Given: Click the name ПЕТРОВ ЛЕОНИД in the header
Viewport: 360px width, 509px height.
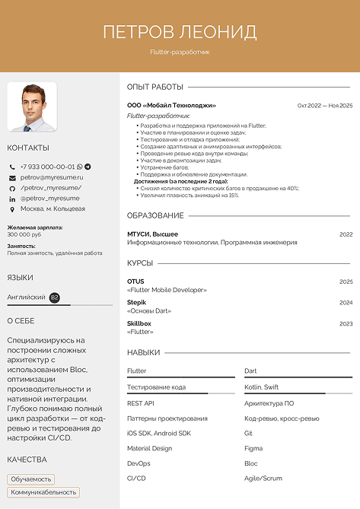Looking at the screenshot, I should click(x=180, y=32).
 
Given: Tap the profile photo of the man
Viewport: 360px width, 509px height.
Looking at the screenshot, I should click(x=32, y=107).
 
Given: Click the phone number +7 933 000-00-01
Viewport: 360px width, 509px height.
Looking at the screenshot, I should click(x=48, y=167).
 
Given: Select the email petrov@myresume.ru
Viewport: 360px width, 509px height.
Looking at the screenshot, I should click(x=52, y=177).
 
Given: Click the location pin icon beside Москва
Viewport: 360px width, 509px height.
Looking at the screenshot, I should click(x=12, y=208).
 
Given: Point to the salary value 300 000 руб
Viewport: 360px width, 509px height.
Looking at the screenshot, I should click(x=24, y=234).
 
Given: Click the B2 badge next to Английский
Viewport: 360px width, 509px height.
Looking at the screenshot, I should click(x=55, y=297).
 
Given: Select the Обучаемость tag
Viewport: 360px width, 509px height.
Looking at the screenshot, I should click(x=31, y=479).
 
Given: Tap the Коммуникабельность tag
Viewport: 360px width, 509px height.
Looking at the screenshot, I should click(x=43, y=492).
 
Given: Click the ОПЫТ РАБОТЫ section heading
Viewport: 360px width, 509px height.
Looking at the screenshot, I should click(x=155, y=87).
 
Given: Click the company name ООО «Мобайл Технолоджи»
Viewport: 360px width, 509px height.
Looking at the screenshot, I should click(x=171, y=106).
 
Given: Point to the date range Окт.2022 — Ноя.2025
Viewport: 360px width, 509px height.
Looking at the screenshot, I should click(x=325, y=106).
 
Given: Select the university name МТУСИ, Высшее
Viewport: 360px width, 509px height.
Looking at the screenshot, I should click(x=152, y=234).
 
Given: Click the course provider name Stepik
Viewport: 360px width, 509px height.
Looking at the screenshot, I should click(x=136, y=303).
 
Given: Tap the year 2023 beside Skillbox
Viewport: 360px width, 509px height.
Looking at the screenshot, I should click(x=346, y=324).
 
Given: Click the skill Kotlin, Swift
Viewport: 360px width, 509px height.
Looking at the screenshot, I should click(x=262, y=387).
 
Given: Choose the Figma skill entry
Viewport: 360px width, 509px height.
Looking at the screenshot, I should click(x=253, y=448).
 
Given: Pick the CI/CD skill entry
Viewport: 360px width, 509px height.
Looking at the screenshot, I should click(x=136, y=478).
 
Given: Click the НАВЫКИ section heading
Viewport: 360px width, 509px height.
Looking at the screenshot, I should click(x=144, y=353).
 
